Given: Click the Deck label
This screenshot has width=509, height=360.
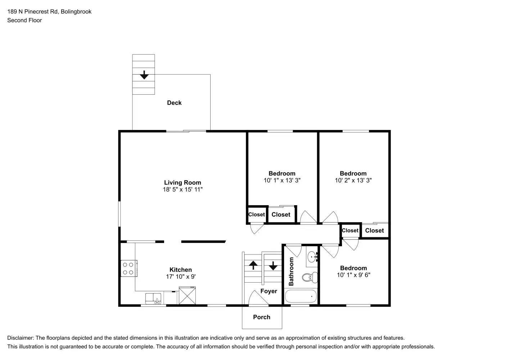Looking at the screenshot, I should [x=174, y=103].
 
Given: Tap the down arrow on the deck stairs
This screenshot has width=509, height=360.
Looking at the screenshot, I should [x=144, y=75].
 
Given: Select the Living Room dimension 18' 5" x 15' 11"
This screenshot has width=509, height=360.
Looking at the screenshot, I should [x=183, y=189].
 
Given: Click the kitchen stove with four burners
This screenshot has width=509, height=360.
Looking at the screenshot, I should [x=129, y=269].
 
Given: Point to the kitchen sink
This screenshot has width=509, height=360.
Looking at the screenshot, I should [x=153, y=298].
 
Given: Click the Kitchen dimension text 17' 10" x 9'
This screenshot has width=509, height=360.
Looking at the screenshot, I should [x=181, y=276].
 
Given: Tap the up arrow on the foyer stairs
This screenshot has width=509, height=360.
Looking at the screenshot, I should [x=253, y=265].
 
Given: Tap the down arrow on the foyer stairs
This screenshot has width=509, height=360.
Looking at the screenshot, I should [x=273, y=266].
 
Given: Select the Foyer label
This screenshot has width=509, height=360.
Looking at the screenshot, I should [x=269, y=291].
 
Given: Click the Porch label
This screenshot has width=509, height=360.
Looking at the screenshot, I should [x=261, y=317].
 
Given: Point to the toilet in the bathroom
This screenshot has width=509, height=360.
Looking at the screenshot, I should [x=310, y=278].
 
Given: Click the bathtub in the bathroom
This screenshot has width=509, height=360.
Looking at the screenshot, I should [x=301, y=297].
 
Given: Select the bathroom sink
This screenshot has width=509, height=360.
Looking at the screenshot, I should [x=312, y=257].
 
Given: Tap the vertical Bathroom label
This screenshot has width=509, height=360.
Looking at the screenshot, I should [x=291, y=271].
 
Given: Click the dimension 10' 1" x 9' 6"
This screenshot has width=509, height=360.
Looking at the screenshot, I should [x=353, y=275].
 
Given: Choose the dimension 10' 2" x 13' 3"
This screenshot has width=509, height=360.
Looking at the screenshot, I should [x=353, y=180].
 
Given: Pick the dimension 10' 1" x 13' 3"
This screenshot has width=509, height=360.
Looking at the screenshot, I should [x=282, y=180].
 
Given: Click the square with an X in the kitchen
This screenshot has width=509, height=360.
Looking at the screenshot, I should [x=187, y=296].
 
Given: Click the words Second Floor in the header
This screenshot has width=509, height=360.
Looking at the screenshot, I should [x=24, y=20].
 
